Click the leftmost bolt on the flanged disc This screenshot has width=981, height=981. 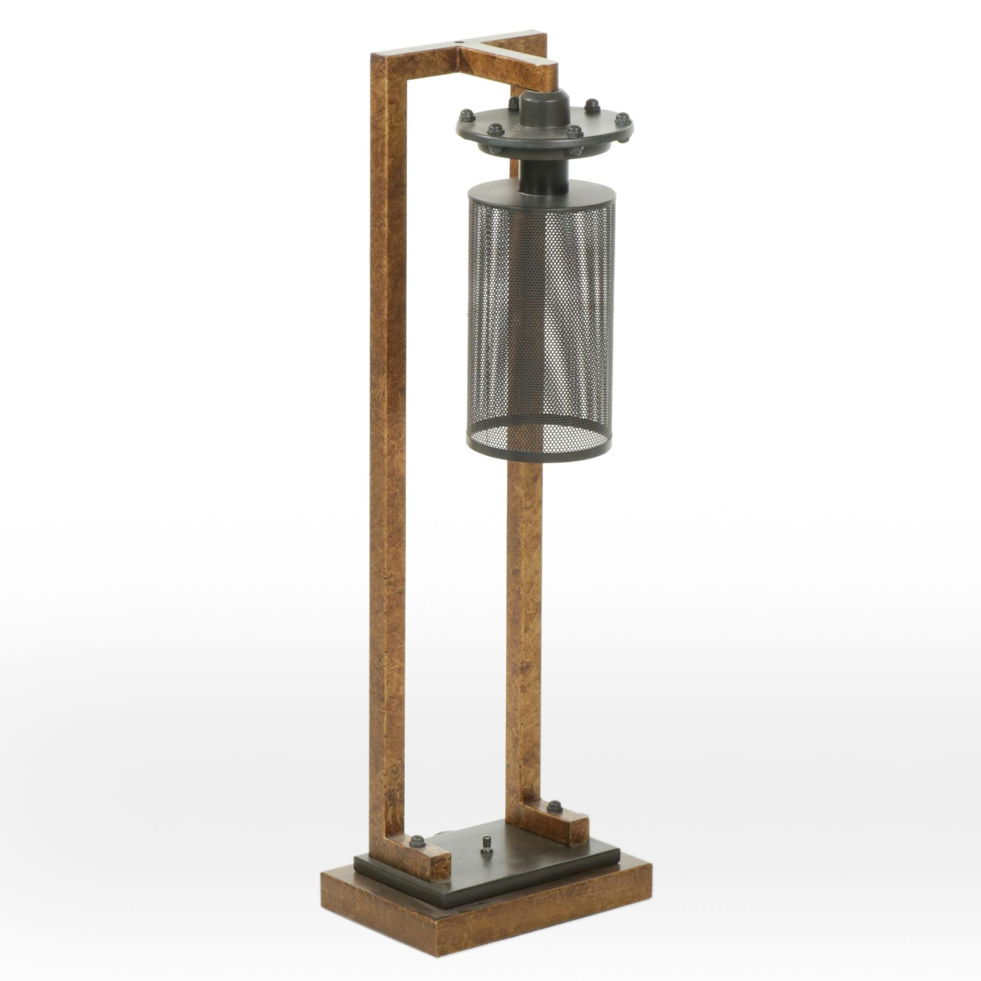click(465, 115)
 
